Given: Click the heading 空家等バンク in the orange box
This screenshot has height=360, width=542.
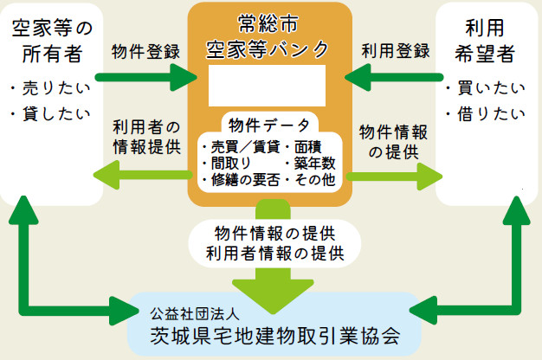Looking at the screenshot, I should click(x=269, y=48).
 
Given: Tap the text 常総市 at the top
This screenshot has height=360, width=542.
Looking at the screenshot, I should click(x=269, y=22).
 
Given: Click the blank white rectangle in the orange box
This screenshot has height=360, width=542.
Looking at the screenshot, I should click(x=268, y=85).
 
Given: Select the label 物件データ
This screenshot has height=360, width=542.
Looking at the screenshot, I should click(x=269, y=125).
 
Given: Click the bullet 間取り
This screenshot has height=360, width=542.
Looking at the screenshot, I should click(x=227, y=162).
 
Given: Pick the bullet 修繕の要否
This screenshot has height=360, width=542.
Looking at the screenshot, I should click(x=239, y=180).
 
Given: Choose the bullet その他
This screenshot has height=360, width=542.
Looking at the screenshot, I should click(x=311, y=180).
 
